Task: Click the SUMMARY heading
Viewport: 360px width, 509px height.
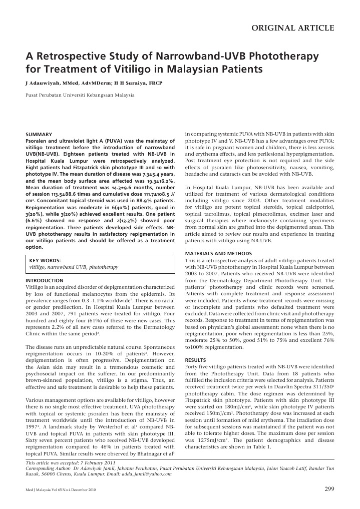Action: click(39, 135)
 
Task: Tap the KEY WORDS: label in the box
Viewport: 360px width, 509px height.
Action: click(45, 260)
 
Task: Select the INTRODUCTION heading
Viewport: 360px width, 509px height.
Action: click(45, 281)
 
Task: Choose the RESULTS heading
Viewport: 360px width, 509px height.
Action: click(195, 374)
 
